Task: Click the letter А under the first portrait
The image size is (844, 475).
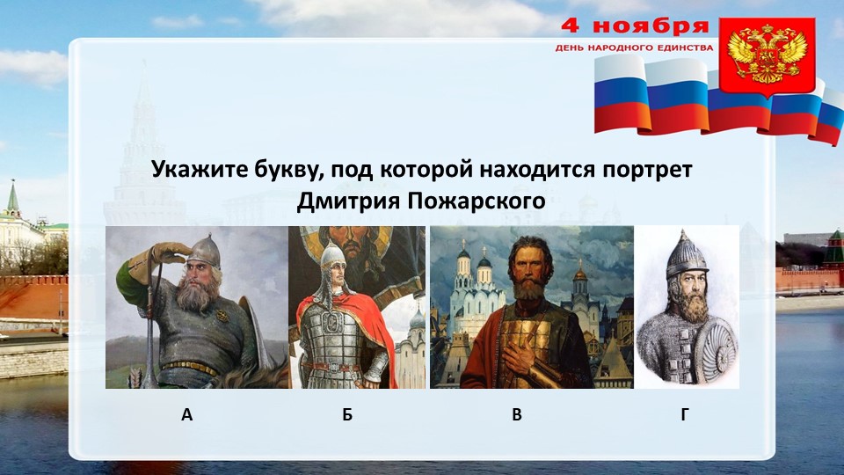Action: click(x=186, y=415)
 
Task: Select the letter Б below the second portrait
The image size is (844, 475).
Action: click(x=348, y=415)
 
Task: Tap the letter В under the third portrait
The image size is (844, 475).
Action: click(x=517, y=415)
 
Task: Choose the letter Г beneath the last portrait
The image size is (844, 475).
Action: click(x=685, y=415)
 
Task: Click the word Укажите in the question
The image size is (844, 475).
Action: click(x=193, y=169)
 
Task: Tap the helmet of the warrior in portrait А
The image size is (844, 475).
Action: click(x=204, y=250)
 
